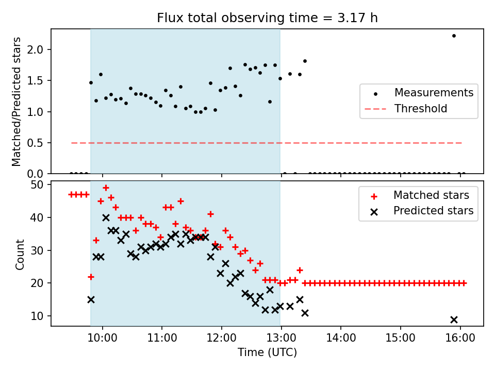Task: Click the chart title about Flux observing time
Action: pyautogui.click(x=267, y=18)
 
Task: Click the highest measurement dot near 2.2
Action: pyautogui.click(x=454, y=36)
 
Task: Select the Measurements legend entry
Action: pyautogui.click(x=434, y=93)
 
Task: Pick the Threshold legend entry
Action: pyautogui.click(x=421, y=109)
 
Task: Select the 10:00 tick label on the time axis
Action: pyautogui.click(x=103, y=340)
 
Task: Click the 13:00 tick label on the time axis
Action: pyautogui.click(x=281, y=340)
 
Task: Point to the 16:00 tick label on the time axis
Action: pyautogui.click(x=460, y=340)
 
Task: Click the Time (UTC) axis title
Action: pyautogui.click(x=267, y=353)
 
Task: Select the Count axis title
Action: pyautogui.click(x=20, y=254)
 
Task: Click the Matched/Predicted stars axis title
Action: pyautogui.click(x=17, y=102)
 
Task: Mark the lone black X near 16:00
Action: pyautogui.click(x=454, y=319)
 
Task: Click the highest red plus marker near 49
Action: pyautogui.click(x=106, y=188)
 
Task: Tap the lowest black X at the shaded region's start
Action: pyautogui.click(x=91, y=299)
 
